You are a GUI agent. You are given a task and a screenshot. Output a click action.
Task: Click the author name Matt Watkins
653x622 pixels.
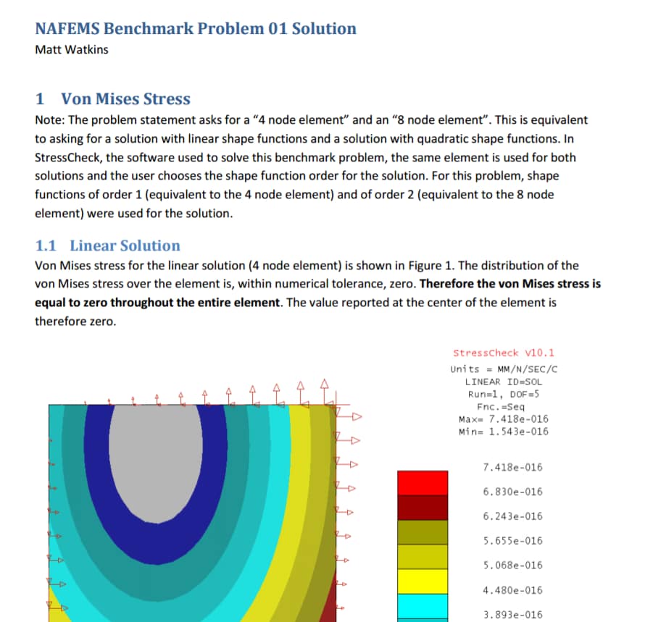click(x=72, y=50)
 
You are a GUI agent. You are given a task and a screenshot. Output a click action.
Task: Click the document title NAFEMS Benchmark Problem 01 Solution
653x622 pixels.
click(x=196, y=29)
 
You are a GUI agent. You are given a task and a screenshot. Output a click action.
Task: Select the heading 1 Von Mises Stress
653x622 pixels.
click(x=113, y=99)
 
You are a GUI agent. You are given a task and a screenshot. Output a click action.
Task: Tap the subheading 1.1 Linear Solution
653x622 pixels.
click(x=108, y=245)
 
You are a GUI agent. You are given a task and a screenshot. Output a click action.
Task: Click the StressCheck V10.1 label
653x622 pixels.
click(x=503, y=353)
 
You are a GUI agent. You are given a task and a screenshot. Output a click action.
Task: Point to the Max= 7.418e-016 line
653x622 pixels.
click(x=504, y=419)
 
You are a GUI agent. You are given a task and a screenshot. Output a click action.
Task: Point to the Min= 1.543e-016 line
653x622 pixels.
click(x=504, y=432)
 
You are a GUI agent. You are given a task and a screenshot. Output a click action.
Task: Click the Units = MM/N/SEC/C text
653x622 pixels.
click(x=504, y=369)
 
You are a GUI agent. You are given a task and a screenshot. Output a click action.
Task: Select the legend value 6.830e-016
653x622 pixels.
click(x=512, y=492)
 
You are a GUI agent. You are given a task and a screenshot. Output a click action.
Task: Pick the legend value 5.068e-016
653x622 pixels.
click(x=512, y=566)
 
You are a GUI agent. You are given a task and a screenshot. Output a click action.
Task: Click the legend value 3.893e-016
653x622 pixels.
click(x=512, y=614)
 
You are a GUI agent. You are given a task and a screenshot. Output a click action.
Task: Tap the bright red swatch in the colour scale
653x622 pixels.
click(x=418, y=483)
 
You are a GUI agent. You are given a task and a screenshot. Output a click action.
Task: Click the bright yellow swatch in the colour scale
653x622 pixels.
click(x=418, y=581)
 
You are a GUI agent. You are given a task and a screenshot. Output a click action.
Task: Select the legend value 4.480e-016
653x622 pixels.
click(x=512, y=590)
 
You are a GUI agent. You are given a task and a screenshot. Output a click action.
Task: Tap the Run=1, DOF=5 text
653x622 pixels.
click(x=504, y=394)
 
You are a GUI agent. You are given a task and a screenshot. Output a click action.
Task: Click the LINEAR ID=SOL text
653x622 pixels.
click(x=504, y=382)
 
